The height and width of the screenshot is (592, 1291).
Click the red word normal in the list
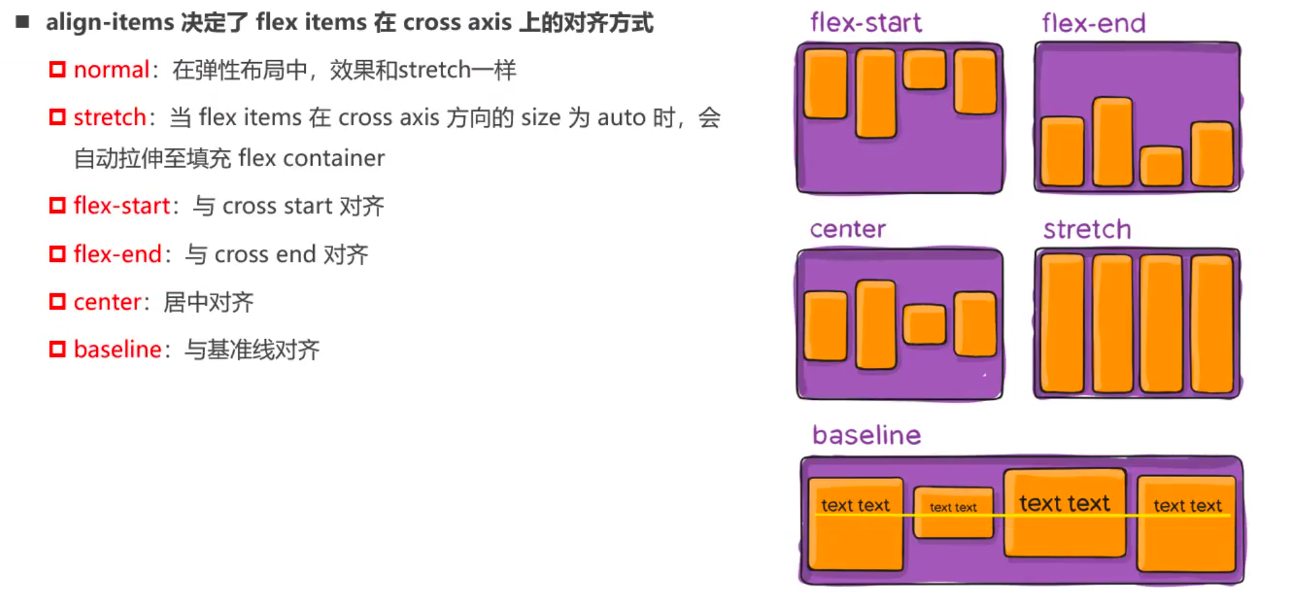(x=111, y=69)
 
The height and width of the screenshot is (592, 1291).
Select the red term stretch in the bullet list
(x=109, y=118)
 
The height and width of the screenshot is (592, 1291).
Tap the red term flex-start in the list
(x=121, y=206)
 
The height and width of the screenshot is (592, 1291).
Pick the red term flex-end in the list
(x=117, y=254)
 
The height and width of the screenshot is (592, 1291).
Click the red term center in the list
(x=107, y=302)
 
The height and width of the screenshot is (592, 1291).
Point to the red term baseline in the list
(x=117, y=350)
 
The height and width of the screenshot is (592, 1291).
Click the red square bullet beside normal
(x=57, y=69)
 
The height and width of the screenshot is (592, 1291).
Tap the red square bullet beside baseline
(x=57, y=350)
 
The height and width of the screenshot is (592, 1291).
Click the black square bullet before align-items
(x=23, y=22)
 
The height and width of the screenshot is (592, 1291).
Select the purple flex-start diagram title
(x=866, y=23)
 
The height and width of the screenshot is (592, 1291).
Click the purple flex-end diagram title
(x=1093, y=24)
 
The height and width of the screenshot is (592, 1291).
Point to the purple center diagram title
(x=847, y=229)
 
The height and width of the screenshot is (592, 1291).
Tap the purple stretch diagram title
(x=1087, y=230)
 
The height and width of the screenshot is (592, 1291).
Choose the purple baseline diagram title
(x=866, y=435)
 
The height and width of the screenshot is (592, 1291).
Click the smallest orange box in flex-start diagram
(x=924, y=69)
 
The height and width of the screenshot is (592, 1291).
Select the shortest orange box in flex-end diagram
(x=1161, y=166)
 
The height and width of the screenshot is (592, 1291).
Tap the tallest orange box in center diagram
(x=875, y=325)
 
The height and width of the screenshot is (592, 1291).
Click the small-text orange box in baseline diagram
(x=953, y=512)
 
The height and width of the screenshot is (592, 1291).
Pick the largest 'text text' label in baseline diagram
(x=1064, y=503)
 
